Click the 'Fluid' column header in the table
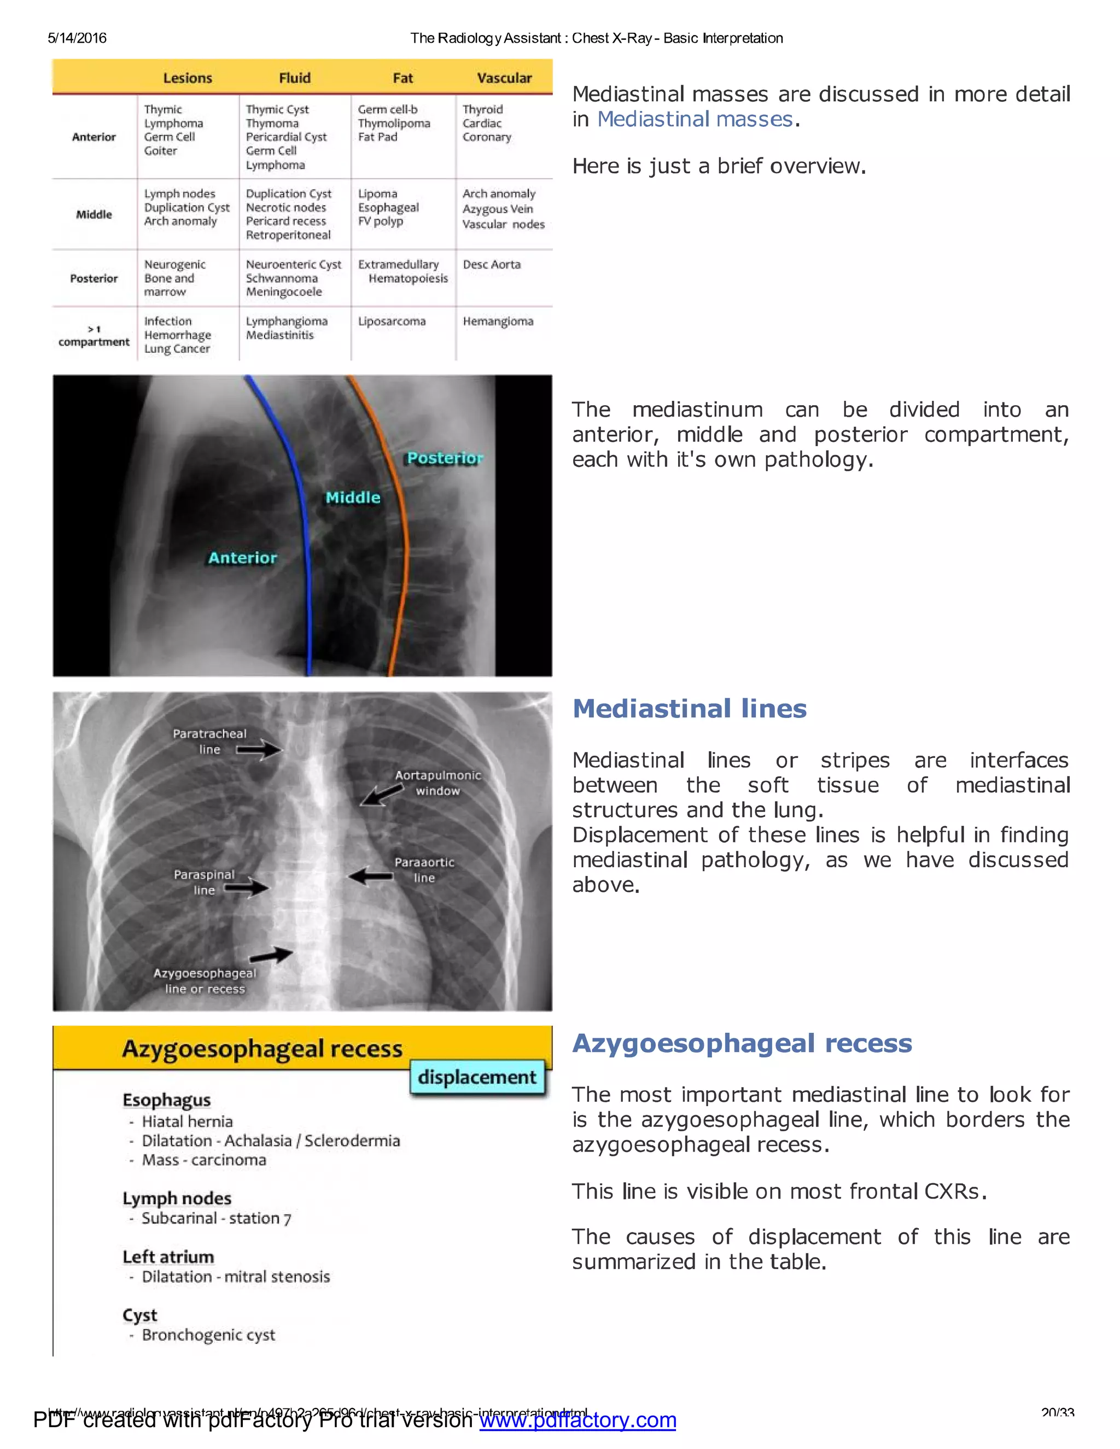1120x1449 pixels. (x=295, y=78)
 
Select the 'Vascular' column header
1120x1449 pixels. (x=504, y=78)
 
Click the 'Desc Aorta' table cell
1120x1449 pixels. (x=492, y=265)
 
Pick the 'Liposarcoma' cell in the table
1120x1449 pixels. (x=392, y=322)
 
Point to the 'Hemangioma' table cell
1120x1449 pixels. (x=498, y=322)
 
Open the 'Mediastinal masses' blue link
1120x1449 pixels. (x=695, y=119)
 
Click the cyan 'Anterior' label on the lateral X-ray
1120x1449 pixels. (x=243, y=558)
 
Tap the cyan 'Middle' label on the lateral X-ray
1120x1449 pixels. (x=353, y=498)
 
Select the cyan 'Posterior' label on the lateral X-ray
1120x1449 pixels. (x=445, y=458)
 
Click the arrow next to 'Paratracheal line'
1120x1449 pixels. (x=259, y=750)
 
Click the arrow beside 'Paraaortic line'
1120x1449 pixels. (x=371, y=877)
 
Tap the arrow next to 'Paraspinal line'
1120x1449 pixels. (x=246, y=887)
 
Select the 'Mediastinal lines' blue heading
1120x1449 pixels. (x=690, y=709)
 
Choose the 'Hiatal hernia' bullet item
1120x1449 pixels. (x=187, y=1122)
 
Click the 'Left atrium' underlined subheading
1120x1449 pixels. (x=168, y=1257)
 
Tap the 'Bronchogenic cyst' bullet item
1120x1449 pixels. (x=208, y=1335)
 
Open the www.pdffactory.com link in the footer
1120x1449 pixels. (x=577, y=1421)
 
